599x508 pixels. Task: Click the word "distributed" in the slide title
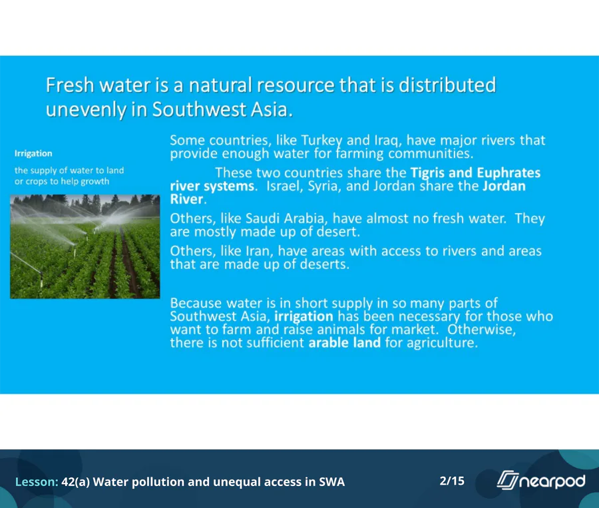447,85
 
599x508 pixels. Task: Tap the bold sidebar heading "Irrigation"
33,154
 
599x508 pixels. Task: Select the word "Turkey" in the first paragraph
321,140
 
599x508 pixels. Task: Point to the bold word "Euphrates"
508,173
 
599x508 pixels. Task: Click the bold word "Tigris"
427,173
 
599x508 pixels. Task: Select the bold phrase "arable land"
344,342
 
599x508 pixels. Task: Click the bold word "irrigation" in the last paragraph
303,316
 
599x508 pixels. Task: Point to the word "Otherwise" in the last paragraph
481,330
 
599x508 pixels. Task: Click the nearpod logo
540,481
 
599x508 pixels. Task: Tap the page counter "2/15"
452,481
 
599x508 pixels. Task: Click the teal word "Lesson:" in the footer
37,481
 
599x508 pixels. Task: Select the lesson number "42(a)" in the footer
76,481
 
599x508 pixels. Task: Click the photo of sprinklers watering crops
85,246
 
